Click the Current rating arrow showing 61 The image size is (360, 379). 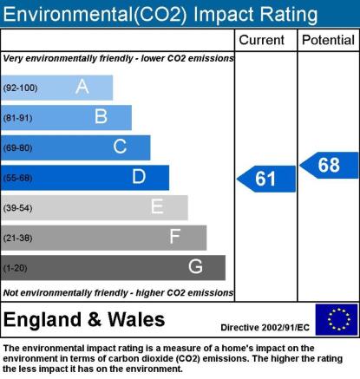click(x=266, y=179)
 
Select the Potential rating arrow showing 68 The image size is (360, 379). click(x=329, y=165)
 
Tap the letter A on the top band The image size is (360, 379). click(x=82, y=87)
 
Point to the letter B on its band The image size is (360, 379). click(x=101, y=116)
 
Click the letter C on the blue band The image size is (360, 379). click(x=120, y=147)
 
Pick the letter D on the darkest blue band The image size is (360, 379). click(x=139, y=176)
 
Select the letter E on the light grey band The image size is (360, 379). click(x=157, y=206)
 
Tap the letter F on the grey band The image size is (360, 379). click(x=175, y=237)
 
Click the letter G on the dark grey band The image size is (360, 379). click(x=195, y=266)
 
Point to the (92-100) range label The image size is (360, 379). click(x=20, y=88)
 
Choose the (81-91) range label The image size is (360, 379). click(x=17, y=118)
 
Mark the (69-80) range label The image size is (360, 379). click(x=17, y=148)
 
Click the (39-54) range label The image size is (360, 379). click(x=17, y=208)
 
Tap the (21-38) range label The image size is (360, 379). click(x=17, y=238)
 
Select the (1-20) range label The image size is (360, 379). click(x=15, y=268)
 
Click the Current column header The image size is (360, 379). click(x=262, y=40)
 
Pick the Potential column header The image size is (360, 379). click(x=328, y=40)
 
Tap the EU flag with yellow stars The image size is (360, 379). click(x=337, y=319)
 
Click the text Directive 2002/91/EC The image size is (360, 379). click(x=265, y=328)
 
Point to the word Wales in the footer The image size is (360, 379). click(x=136, y=320)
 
